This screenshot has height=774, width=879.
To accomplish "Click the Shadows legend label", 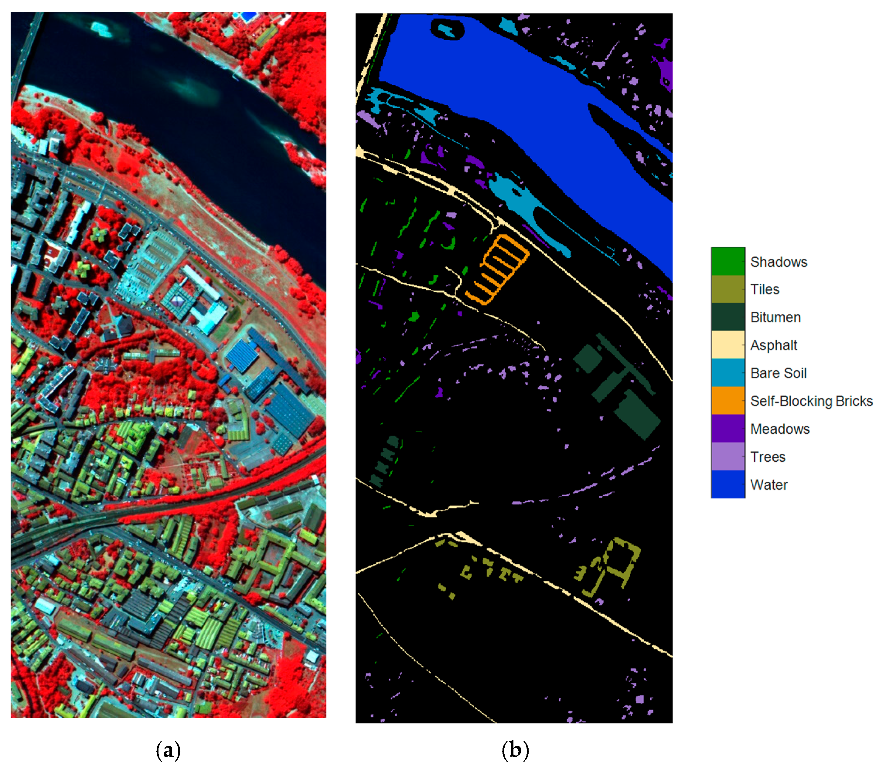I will pos(778,262).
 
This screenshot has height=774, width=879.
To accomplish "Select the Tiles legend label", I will pos(765,289).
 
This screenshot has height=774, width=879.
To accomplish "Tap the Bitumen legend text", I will pos(775,317).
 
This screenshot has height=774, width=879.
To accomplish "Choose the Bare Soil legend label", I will pos(778,373).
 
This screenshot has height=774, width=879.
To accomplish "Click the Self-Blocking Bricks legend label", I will pos(811,401).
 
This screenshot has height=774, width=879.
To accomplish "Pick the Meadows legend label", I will pos(780,429).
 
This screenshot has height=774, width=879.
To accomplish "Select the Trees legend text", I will pos(768,457).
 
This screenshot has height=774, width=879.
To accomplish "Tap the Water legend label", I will pos(769,485).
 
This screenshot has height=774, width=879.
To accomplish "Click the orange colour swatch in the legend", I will pos(727,400).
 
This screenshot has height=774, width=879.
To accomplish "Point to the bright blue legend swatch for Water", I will pos(727,484).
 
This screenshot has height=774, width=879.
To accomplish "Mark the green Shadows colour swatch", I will pos(727,261).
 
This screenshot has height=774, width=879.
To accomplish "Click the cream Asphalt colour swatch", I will pos(727,345).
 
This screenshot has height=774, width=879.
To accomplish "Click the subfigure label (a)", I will pos(168,750).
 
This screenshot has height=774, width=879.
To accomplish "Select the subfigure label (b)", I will pos(515,750).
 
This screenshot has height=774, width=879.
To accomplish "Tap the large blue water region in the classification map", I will pos(516,86).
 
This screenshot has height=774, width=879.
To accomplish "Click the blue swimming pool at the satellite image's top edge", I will pos(247,16).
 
